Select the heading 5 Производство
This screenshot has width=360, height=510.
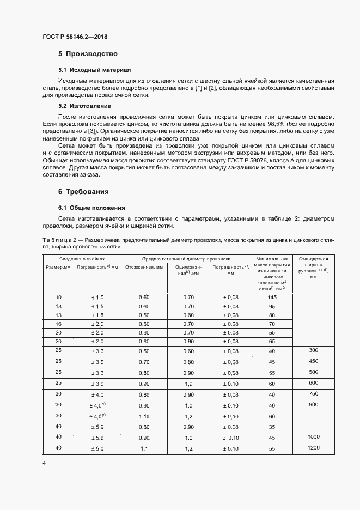pyautogui.click(x=88, y=54)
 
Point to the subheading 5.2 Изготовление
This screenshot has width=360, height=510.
pyautogui.click(x=84, y=106)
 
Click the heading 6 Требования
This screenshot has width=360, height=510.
pyautogui.click(x=83, y=192)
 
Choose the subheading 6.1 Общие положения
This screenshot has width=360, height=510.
pyautogui.click(x=91, y=208)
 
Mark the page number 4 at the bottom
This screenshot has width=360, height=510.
pyautogui.click(x=44, y=463)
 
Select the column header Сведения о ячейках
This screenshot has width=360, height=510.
pyautogui.click(x=82, y=259)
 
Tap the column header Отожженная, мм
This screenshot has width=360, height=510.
pyautogui.click(x=144, y=268)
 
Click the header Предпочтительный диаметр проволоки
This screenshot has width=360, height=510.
pyautogui.click(x=186, y=259)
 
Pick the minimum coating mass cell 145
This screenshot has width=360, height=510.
pyautogui.click(x=272, y=297)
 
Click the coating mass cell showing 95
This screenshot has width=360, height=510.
pyautogui.click(x=272, y=306)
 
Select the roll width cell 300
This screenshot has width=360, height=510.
pyautogui.click(x=313, y=350)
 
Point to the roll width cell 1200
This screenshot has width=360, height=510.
pyautogui.click(x=313, y=447)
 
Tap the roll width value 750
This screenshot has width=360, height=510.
pyautogui.click(x=313, y=394)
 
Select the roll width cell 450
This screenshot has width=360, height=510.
pyautogui.click(x=313, y=361)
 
